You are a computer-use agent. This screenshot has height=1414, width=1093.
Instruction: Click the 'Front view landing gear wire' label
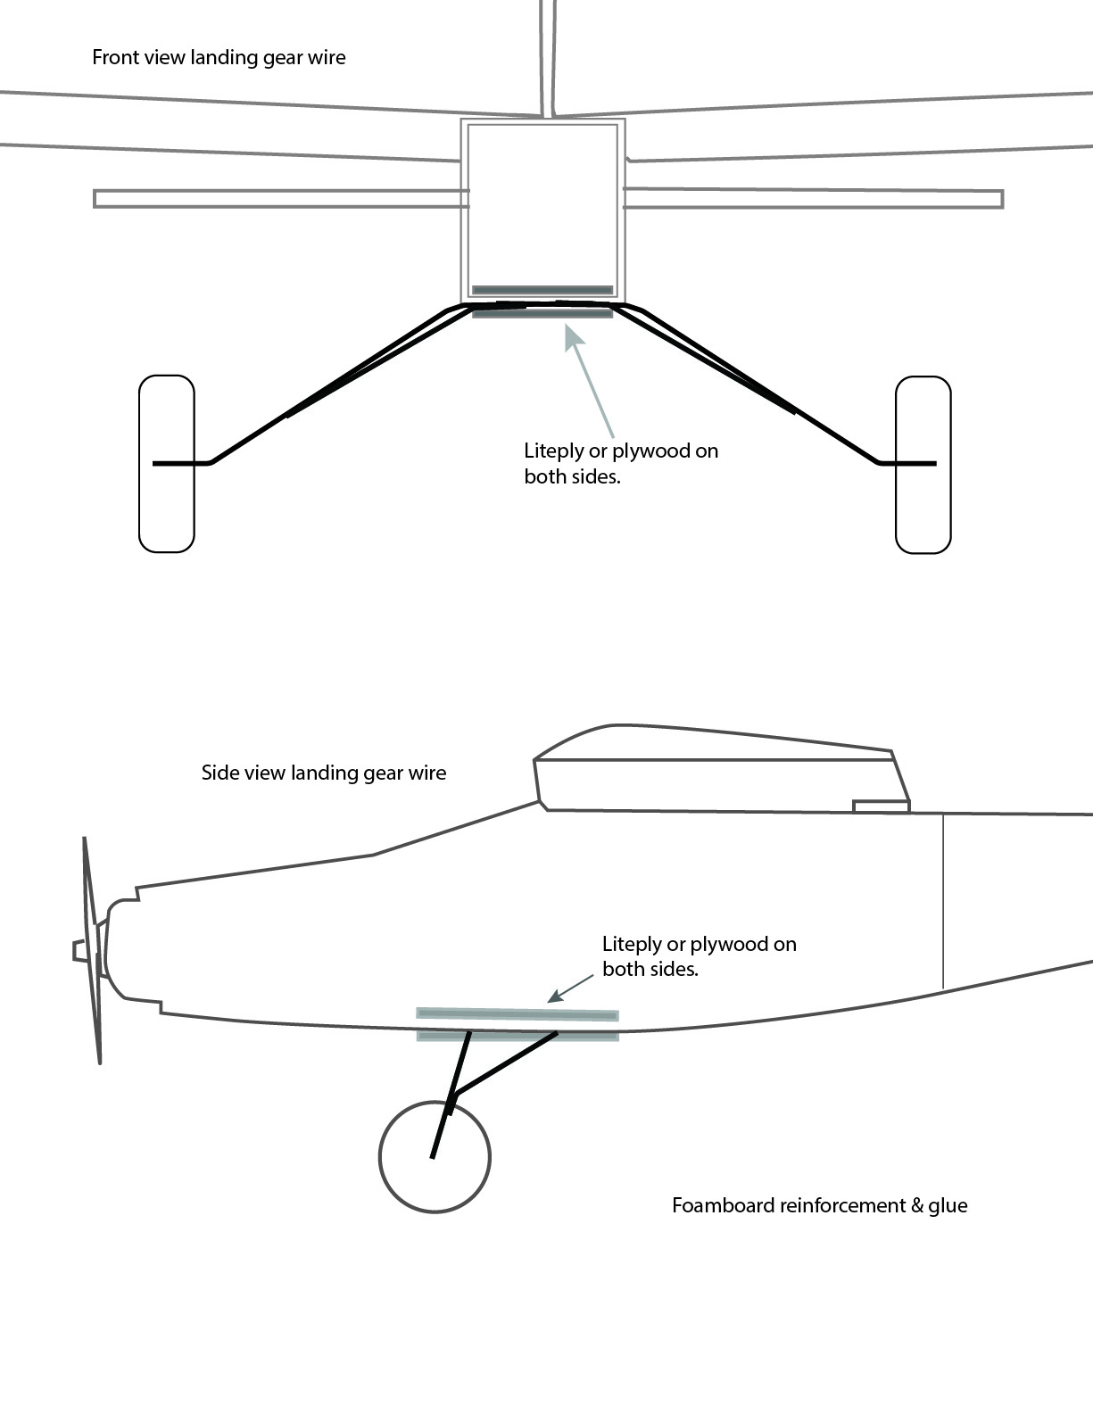tap(219, 58)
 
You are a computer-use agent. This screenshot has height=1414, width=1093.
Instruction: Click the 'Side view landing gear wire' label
tap(323, 773)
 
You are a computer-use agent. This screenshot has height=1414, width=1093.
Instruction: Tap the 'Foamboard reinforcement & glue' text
tap(819, 1206)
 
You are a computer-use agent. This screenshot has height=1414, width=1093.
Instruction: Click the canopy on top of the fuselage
tap(714, 767)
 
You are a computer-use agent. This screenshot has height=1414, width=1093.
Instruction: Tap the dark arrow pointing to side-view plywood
tap(571, 988)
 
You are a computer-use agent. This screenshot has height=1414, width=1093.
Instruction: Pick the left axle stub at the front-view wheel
tap(179, 463)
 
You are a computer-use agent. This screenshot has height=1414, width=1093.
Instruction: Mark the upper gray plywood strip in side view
tap(517, 1014)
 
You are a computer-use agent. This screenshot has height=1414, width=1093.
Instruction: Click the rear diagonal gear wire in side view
tap(507, 1063)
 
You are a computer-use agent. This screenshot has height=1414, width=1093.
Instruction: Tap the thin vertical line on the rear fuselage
tap(943, 901)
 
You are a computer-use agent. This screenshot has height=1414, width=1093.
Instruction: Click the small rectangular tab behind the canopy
tap(881, 806)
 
